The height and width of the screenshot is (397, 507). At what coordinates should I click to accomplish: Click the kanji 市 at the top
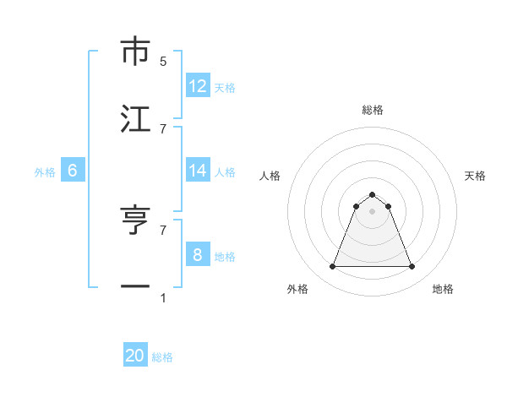[x=135, y=52]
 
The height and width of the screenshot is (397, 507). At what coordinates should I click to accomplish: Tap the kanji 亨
[x=135, y=220]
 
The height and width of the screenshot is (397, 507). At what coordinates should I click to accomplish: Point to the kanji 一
[x=135, y=286]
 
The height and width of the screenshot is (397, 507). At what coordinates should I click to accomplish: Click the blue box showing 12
[x=198, y=86]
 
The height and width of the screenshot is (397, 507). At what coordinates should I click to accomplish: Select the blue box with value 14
[x=198, y=171]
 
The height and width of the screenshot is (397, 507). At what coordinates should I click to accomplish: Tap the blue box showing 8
[x=198, y=254]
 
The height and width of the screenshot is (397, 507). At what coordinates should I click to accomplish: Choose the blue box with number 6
[x=73, y=171]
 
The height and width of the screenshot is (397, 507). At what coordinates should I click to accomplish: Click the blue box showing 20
[x=135, y=356]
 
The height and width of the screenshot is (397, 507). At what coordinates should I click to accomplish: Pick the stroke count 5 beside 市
[x=163, y=62]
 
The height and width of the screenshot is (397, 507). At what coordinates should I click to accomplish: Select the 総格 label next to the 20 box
[x=163, y=357]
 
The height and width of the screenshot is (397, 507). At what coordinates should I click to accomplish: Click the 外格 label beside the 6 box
[x=45, y=172]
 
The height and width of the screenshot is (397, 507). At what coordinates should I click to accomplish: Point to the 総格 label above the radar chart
[x=373, y=110]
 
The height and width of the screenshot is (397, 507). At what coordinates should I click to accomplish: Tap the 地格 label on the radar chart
[x=443, y=290]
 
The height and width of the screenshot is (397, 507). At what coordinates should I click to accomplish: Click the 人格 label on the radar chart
[x=270, y=176]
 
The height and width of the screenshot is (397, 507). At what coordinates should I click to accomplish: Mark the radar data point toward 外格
[x=332, y=267]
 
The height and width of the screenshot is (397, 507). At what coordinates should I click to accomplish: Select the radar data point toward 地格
[x=412, y=267]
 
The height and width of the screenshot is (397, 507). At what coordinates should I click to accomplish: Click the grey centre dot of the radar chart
[x=373, y=211]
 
